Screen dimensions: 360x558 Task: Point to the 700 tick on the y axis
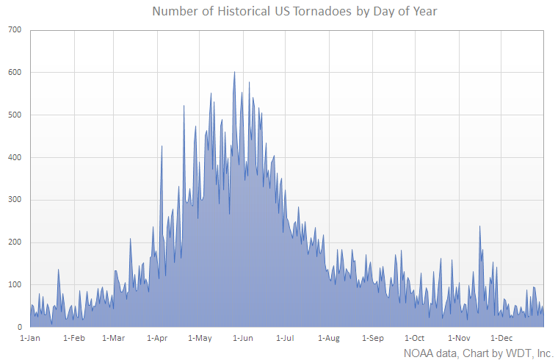15,30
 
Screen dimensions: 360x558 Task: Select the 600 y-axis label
15,73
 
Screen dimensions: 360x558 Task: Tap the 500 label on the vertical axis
15,115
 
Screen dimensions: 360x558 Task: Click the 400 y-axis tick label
15,157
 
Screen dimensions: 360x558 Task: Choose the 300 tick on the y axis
15,200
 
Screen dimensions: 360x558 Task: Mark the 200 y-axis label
15,242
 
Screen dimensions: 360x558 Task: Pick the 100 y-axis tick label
15,285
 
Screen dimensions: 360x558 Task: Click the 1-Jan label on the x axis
31,338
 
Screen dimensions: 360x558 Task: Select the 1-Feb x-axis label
74,338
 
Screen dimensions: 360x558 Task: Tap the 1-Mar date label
114,338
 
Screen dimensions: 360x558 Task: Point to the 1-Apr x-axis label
157,338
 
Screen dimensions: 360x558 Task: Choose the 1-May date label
200,338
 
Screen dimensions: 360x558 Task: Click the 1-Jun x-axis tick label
243,338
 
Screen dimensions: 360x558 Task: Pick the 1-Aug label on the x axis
329,338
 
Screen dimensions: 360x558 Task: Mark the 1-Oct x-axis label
415,338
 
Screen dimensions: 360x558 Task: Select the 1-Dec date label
501,338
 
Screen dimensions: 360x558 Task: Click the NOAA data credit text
477,353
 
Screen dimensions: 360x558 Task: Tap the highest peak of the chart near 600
234,73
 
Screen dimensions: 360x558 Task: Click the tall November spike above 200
479,227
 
